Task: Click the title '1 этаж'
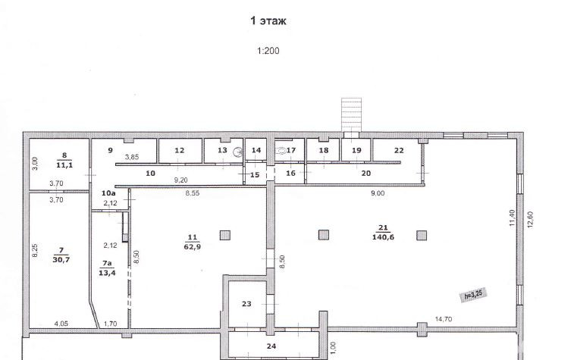click(268, 21)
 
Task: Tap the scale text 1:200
click(268, 51)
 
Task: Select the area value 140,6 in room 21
click(383, 237)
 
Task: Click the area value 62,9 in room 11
click(193, 246)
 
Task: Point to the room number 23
click(246, 304)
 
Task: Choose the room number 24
click(271, 346)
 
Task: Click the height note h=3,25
click(474, 294)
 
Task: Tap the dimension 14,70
click(444, 319)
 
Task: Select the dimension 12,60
click(530, 220)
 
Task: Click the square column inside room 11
click(225, 235)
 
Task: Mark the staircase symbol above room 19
click(351, 114)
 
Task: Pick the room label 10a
click(108, 193)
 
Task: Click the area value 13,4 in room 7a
click(107, 273)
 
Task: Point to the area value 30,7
click(61, 260)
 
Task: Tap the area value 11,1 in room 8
click(64, 165)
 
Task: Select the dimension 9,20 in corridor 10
click(180, 180)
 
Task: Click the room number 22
click(399, 150)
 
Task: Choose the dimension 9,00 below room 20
click(378, 193)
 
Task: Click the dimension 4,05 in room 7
click(61, 324)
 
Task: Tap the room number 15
click(255, 175)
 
